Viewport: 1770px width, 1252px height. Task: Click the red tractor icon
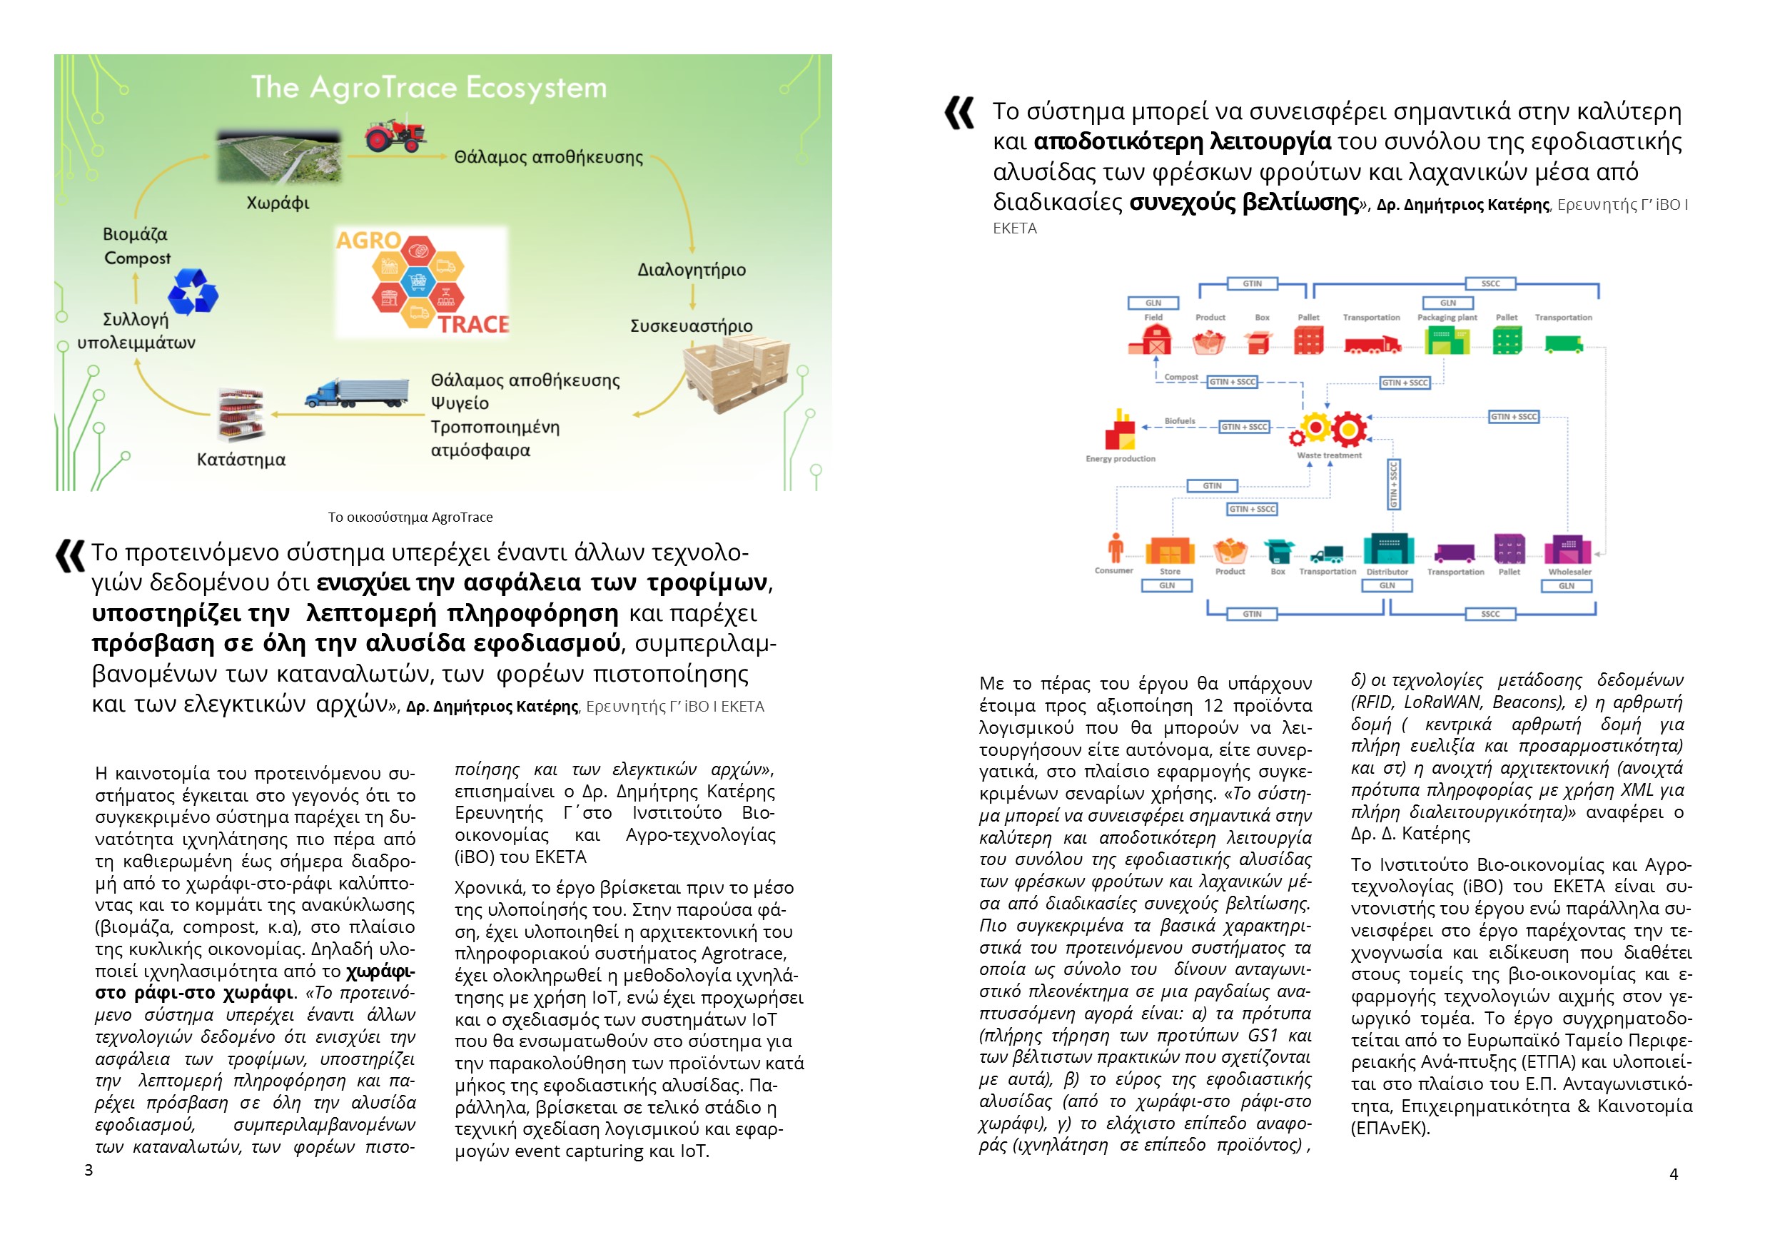pos(395,134)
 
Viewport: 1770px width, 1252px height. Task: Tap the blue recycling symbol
pos(193,292)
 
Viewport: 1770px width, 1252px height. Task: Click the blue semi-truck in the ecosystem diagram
pos(357,393)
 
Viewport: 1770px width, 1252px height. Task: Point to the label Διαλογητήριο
pos(692,270)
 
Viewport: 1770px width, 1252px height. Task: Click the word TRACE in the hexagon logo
pos(473,325)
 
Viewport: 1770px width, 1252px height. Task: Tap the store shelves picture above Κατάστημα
pos(242,414)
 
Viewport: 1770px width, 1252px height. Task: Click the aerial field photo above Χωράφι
pos(278,156)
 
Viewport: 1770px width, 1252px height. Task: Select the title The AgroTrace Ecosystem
pos(429,87)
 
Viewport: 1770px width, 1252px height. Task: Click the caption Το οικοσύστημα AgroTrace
pos(410,518)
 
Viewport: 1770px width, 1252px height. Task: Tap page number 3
pos(88,1171)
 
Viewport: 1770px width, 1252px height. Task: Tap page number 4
pos(1673,1174)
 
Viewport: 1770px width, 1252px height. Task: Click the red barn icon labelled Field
pos(1153,339)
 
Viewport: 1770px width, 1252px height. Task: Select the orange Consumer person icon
pos(1115,548)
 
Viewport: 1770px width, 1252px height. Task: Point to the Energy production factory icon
pos(1119,430)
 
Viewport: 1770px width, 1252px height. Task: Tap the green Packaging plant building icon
pos(1446,340)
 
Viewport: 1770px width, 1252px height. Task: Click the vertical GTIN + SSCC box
pos(1394,484)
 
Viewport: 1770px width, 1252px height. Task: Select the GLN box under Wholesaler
pos(1567,586)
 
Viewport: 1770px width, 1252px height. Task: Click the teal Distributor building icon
pos(1388,550)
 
